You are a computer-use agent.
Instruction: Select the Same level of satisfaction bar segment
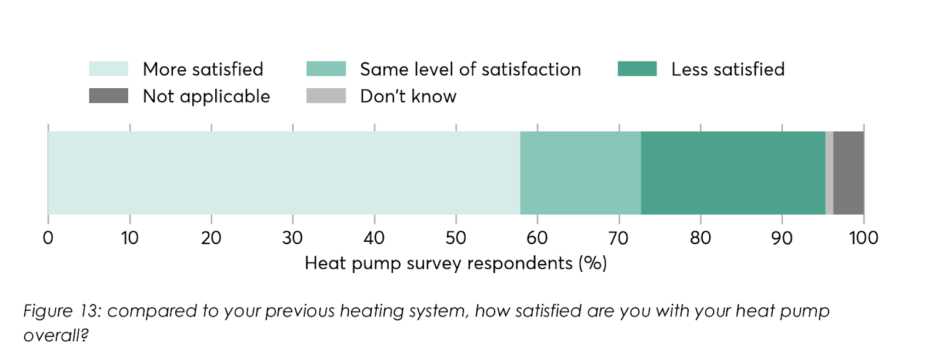(x=580, y=173)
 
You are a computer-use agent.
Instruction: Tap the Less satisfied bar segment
(x=733, y=173)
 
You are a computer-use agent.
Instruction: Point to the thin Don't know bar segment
(x=829, y=173)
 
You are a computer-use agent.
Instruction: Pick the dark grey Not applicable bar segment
(x=849, y=173)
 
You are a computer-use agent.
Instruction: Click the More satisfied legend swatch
(x=108, y=69)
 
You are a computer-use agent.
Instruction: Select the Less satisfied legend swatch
(x=637, y=69)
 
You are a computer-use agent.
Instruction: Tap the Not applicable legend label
(x=206, y=96)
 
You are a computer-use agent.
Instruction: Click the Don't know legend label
(x=408, y=96)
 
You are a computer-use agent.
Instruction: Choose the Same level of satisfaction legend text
(x=470, y=69)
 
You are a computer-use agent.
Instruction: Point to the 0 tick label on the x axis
(x=48, y=238)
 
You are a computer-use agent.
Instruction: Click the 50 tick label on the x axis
(x=456, y=238)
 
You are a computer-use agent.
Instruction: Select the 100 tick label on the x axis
(x=863, y=238)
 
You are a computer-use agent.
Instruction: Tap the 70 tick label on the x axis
(x=619, y=238)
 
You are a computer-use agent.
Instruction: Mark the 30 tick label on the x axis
(x=292, y=238)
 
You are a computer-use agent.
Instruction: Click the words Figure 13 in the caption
(x=62, y=311)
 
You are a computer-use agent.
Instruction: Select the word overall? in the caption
(x=56, y=335)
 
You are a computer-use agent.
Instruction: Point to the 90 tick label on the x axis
(x=782, y=238)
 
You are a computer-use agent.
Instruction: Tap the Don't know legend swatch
(x=326, y=96)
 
